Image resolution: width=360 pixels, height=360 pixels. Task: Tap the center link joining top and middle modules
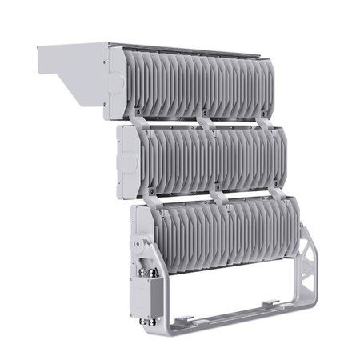(x=206, y=122)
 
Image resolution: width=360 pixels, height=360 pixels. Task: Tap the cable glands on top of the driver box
(x=149, y=270)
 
